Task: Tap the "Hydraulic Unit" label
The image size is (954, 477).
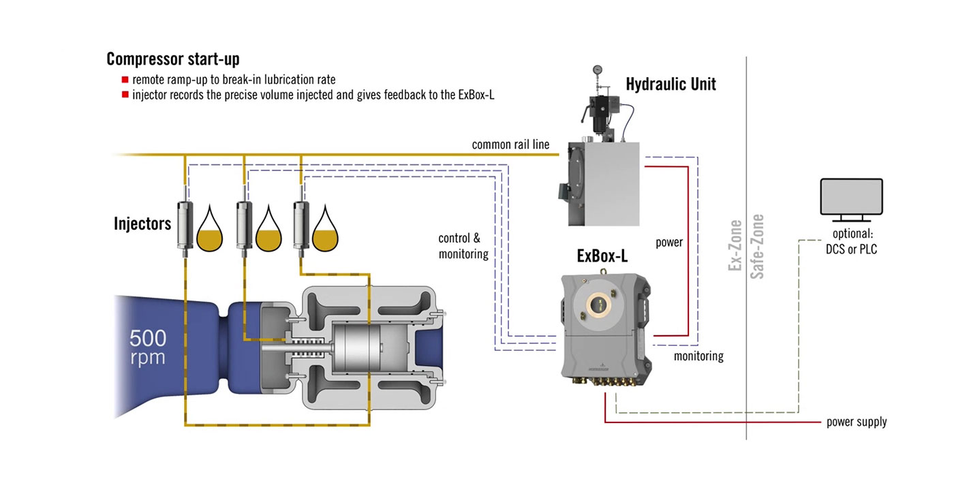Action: click(671, 84)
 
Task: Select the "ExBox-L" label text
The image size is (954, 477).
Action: click(602, 258)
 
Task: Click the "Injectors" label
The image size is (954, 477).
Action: click(142, 223)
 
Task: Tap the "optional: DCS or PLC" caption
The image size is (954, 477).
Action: click(851, 243)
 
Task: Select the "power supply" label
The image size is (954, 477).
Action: click(857, 422)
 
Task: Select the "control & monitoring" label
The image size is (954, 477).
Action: click(463, 246)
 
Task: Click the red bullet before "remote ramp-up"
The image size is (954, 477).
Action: click(125, 80)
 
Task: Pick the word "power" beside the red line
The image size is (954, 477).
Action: click(668, 242)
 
